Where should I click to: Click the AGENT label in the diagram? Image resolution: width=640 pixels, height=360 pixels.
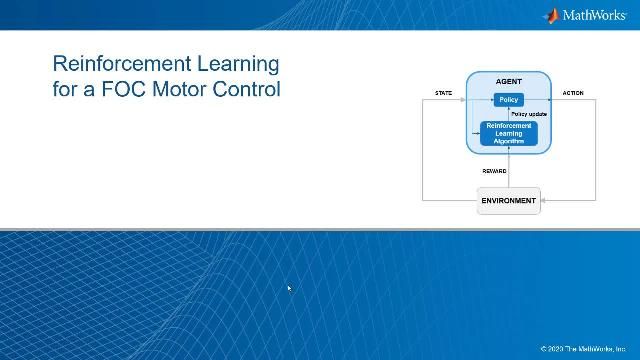(508, 81)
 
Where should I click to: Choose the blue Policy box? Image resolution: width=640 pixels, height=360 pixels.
(508, 100)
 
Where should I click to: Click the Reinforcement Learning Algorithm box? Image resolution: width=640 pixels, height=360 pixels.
(508, 133)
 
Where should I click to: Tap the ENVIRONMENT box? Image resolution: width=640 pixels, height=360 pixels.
(508, 200)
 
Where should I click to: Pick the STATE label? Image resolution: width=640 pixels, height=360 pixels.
(443, 93)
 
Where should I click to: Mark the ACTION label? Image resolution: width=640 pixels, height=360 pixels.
(573, 93)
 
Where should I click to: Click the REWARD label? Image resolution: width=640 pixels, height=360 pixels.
(494, 171)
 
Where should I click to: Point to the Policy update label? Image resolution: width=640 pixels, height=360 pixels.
(529, 114)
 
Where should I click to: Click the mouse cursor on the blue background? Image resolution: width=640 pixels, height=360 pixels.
(289, 288)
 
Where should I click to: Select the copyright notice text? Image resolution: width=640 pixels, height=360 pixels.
(587, 349)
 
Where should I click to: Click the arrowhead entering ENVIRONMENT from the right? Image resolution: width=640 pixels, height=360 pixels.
(544, 200)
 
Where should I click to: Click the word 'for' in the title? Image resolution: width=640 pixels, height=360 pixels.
(65, 88)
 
